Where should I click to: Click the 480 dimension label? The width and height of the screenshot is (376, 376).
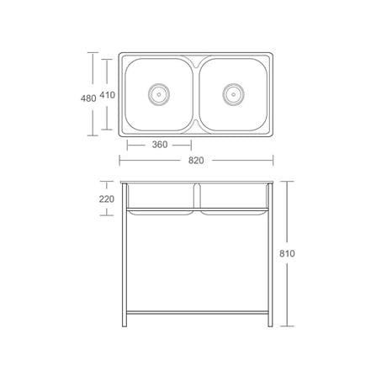pyautogui.click(x=88, y=98)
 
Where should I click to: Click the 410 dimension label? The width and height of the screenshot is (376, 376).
pyautogui.click(x=108, y=95)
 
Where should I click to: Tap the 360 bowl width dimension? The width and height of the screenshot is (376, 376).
pyautogui.click(x=160, y=145)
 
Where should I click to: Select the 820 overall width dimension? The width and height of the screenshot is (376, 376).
pyautogui.click(x=196, y=161)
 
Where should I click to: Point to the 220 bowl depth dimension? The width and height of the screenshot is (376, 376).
pyautogui.click(x=107, y=199)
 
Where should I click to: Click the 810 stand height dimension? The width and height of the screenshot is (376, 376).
pyautogui.click(x=287, y=253)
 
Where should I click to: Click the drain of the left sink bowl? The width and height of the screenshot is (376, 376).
pyautogui.click(x=159, y=94)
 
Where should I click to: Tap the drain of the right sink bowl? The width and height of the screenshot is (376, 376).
pyautogui.click(x=233, y=94)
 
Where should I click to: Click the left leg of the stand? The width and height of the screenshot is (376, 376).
pyautogui.click(x=124, y=255)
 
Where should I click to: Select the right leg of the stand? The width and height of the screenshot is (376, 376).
pyautogui.click(x=270, y=255)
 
